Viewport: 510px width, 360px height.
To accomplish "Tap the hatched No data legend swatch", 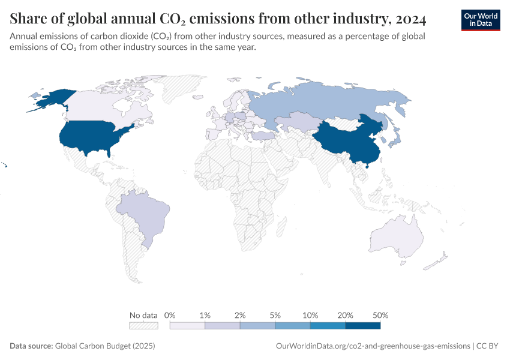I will coord(143,326).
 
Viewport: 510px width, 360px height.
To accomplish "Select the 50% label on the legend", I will coord(380,315).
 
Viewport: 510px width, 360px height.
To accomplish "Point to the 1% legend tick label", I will coord(205,315).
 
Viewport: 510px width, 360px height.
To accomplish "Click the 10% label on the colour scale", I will coord(310,315).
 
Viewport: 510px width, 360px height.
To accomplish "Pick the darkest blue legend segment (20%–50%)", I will coord(363,326).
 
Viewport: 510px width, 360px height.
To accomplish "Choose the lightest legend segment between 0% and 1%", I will coord(187,326).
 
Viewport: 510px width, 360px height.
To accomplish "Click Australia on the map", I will coord(399,237).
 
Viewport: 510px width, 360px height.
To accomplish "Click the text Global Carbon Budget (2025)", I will coord(96,346).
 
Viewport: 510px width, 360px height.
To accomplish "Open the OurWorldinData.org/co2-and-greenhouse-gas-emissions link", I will coord(372,346).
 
